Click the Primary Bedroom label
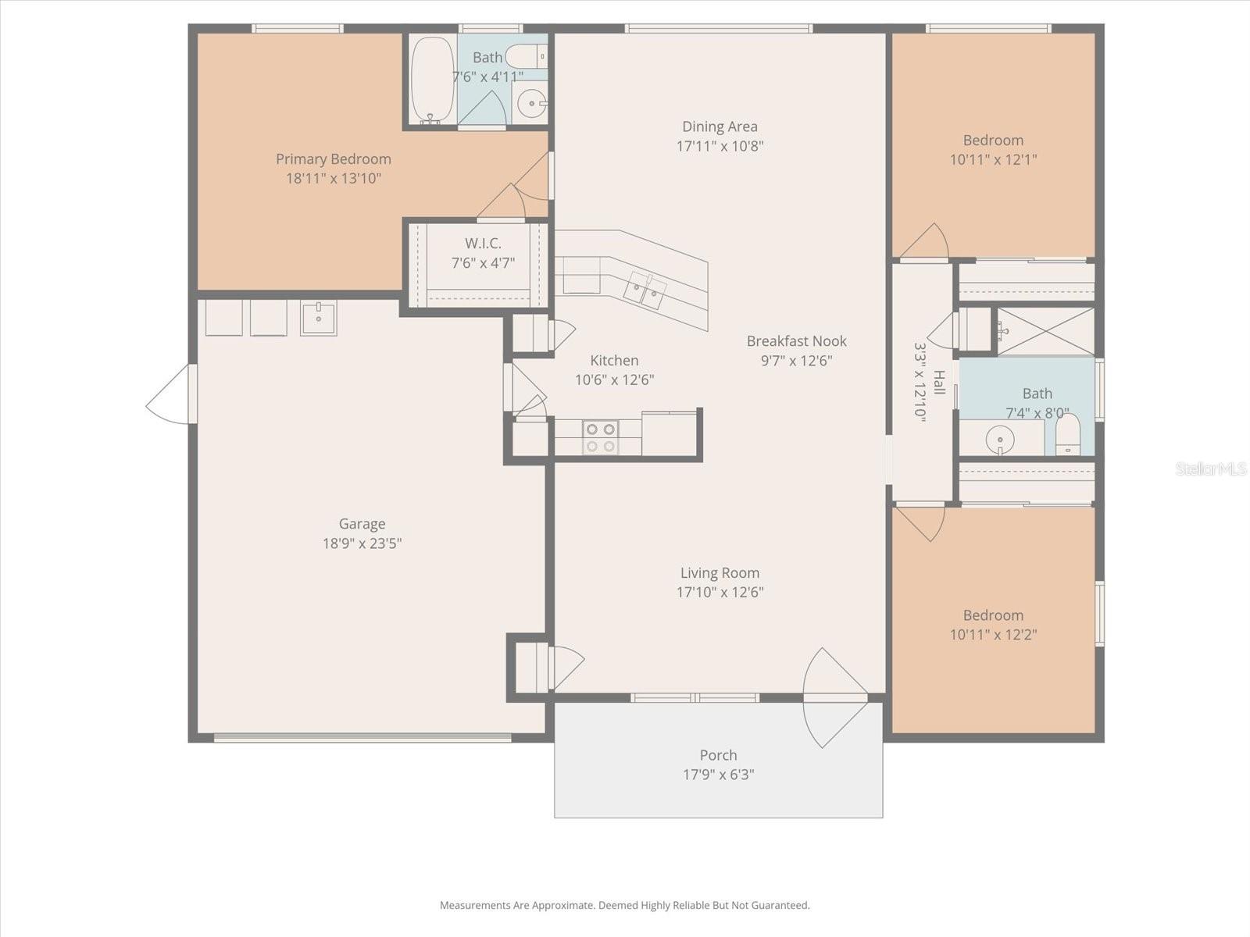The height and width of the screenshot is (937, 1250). click(x=333, y=159)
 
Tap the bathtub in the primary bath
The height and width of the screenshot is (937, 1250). click(x=432, y=80)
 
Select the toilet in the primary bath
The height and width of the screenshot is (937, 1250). click(x=526, y=56)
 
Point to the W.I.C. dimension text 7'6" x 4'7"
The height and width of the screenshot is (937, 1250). click(x=483, y=263)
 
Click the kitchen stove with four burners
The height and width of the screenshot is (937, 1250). click(x=600, y=437)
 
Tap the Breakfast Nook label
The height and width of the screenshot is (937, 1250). click(x=796, y=341)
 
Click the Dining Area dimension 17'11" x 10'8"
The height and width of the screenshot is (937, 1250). click(x=720, y=146)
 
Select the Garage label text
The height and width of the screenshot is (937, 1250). click(x=362, y=524)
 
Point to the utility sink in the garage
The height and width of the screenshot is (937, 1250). click(x=319, y=318)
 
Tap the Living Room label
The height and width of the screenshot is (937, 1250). click(x=720, y=572)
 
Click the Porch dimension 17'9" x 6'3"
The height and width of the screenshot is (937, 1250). click(x=718, y=775)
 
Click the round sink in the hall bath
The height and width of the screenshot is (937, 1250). click(x=1000, y=440)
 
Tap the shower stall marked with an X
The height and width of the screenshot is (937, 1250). click(x=1045, y=331)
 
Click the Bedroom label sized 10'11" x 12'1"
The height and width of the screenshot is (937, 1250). click(x=993, y=141)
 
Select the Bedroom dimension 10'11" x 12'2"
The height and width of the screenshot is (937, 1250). click(x=993, y=635)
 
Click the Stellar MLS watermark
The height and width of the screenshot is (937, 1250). click(x=1210, y=468)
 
